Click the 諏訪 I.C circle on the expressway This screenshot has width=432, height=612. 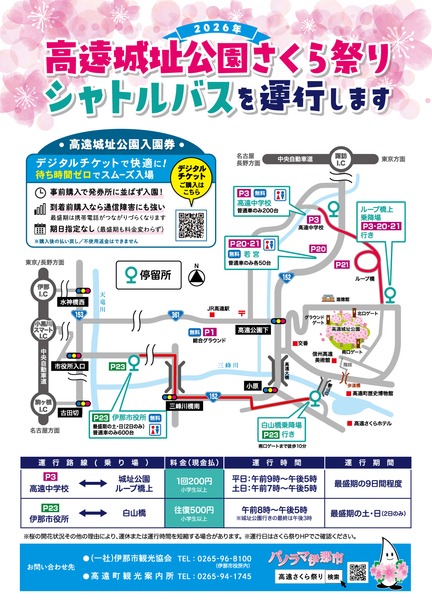point(340,159)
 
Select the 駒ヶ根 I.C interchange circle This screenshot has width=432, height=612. point(44,405)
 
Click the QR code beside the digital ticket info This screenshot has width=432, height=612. point(191,225)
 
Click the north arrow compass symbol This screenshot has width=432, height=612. point(196,277)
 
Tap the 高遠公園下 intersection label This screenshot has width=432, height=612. point(253,330)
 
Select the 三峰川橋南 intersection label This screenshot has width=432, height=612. point(185,406)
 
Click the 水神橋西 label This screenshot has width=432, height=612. point(72,302)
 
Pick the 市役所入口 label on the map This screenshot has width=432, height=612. point(70,366)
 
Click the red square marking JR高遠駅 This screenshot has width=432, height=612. point(212,315)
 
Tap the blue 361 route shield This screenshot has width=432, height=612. point(175,315)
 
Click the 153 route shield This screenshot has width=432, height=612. point(79,314)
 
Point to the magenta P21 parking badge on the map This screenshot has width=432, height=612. point(342,265)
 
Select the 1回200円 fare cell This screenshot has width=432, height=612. point(194,484)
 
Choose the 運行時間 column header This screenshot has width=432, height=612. point(274,463)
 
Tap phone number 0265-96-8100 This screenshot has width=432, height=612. point(224,559)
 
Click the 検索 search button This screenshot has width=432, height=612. point(333,577)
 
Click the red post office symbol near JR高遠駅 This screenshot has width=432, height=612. point(241,313)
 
